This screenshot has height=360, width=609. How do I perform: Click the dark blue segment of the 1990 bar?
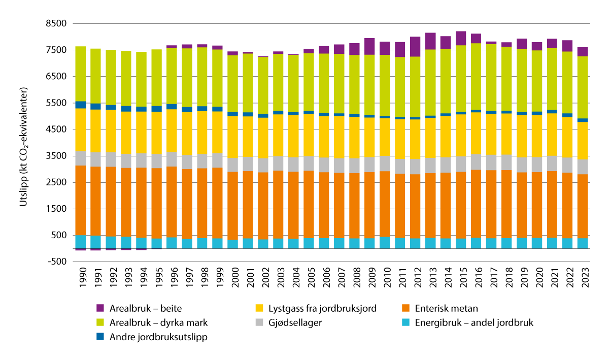(x=80, y=105)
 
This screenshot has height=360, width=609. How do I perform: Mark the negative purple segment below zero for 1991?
(x=95, y=249)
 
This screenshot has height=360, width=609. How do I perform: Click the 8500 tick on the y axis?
(x=56, y=24)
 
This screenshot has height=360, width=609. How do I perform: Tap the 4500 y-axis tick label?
(x=56, y=129)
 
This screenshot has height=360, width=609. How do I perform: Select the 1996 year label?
(x=172, y=277)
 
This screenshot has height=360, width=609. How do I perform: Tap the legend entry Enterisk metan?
(x=446, y=308)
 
